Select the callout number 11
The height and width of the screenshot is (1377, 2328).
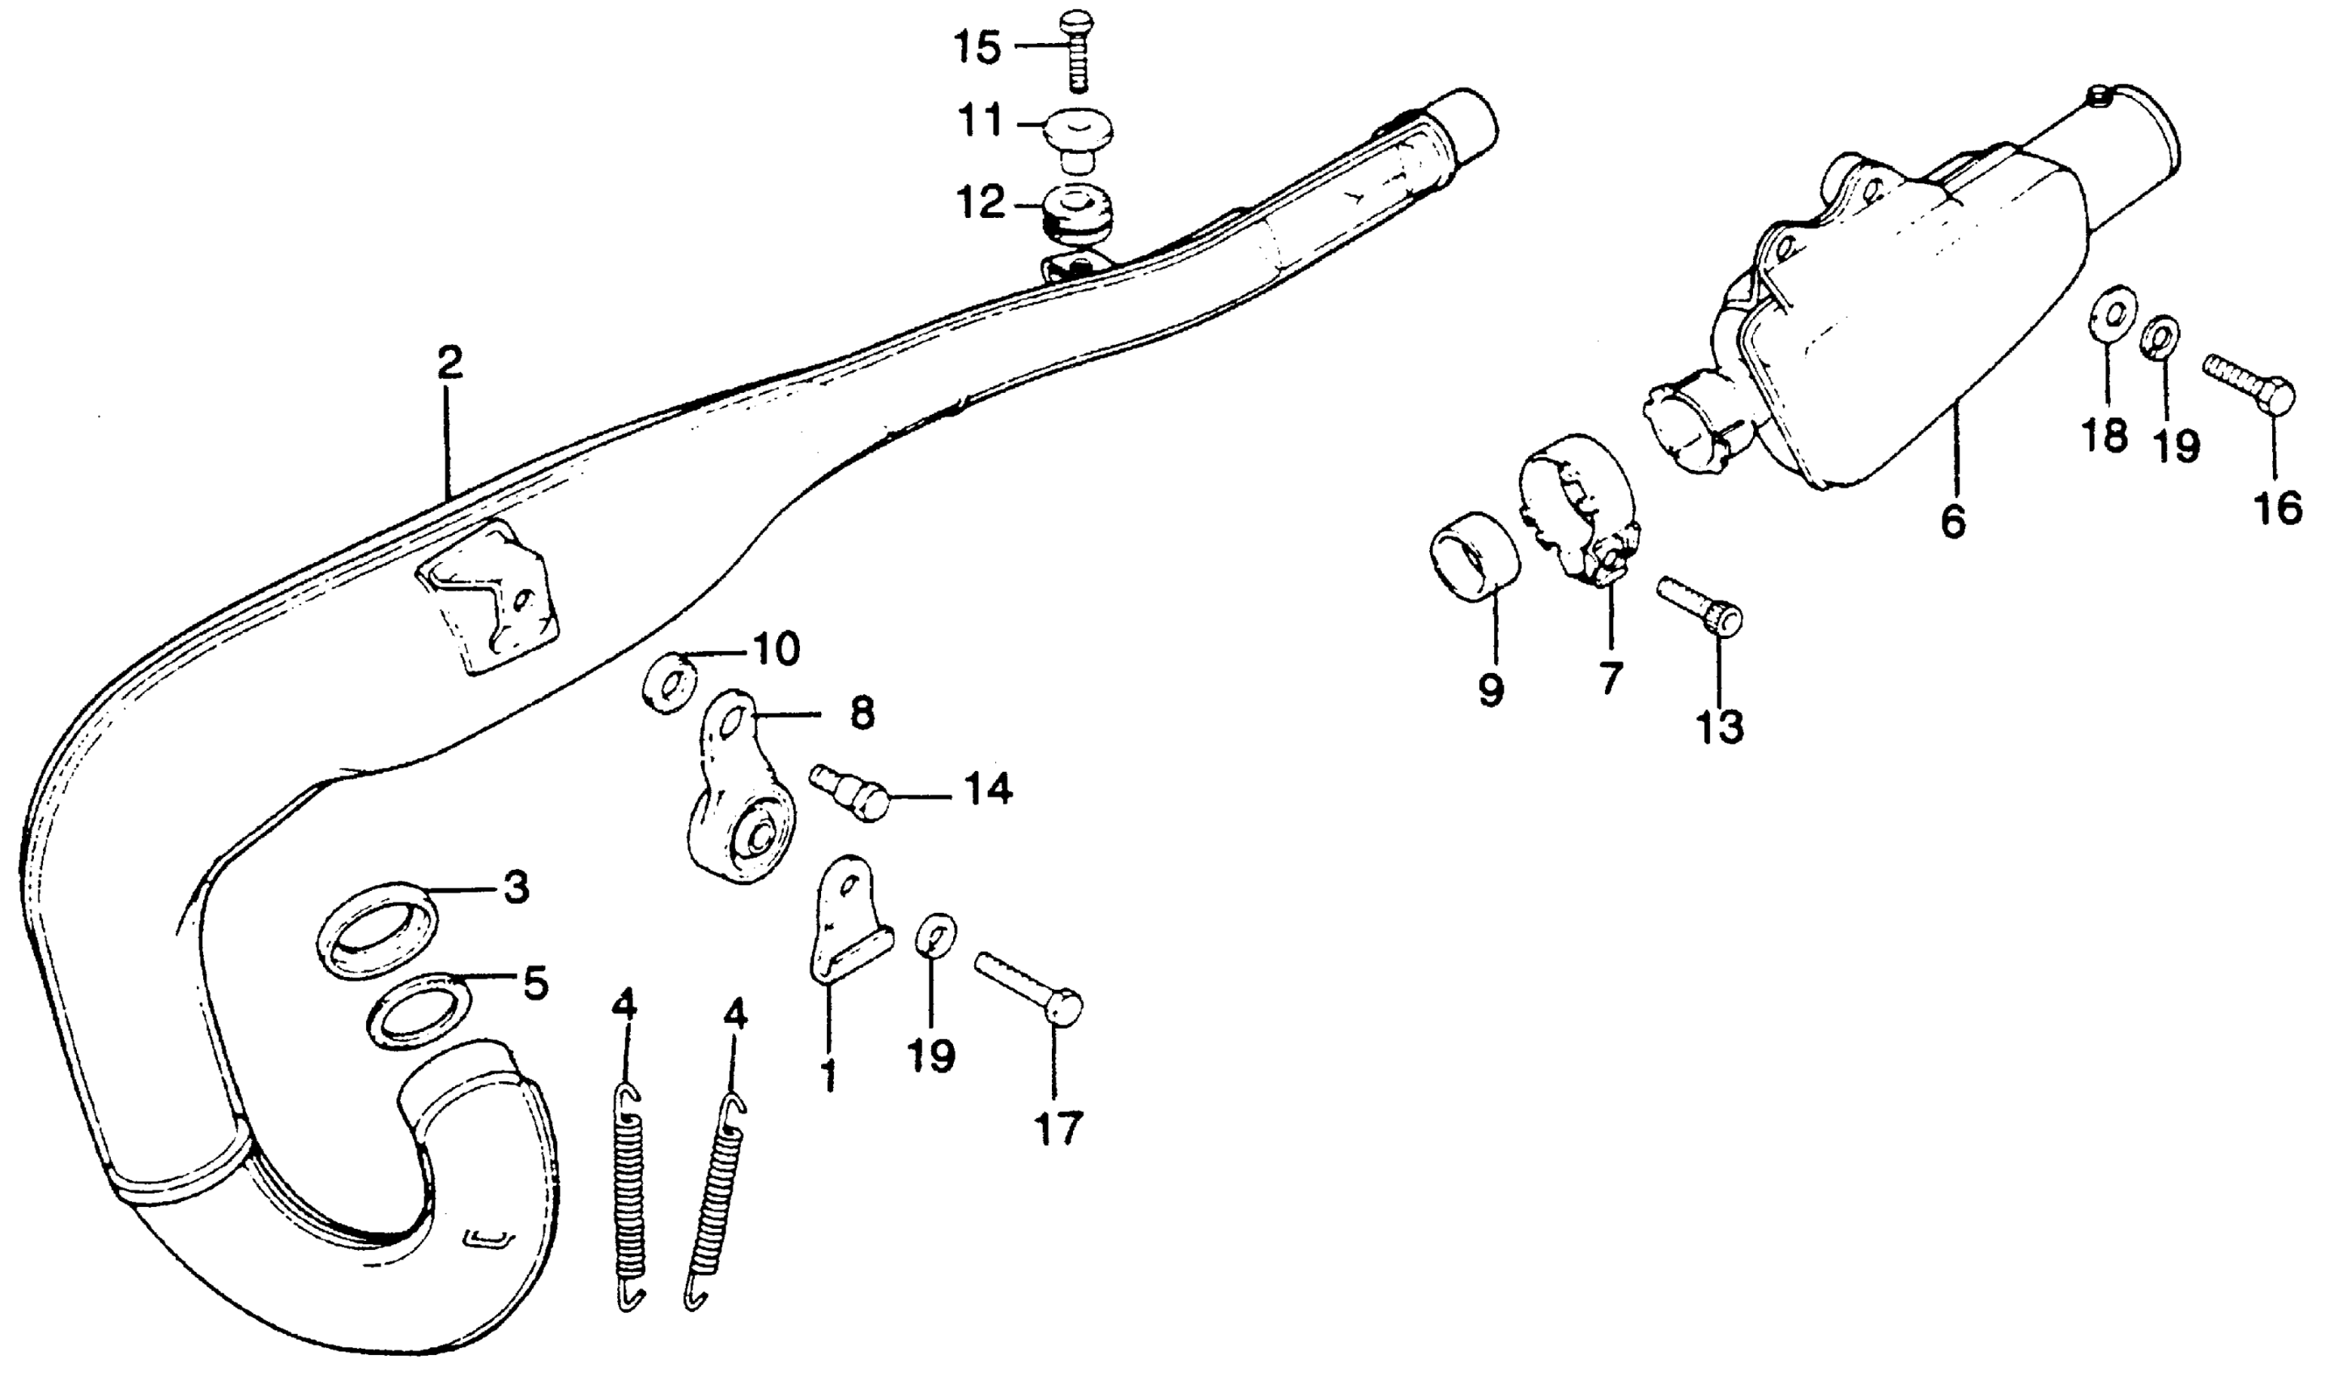[x=980, y=121]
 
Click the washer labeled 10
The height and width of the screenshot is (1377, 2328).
[x=670, y=682]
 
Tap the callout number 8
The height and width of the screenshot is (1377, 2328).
[x=862, y=714]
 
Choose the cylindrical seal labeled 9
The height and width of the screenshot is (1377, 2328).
[x=1475, y=555]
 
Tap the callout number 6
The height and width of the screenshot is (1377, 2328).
[x=1952, y=522]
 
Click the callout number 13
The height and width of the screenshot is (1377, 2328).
[x=1721, y=727]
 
